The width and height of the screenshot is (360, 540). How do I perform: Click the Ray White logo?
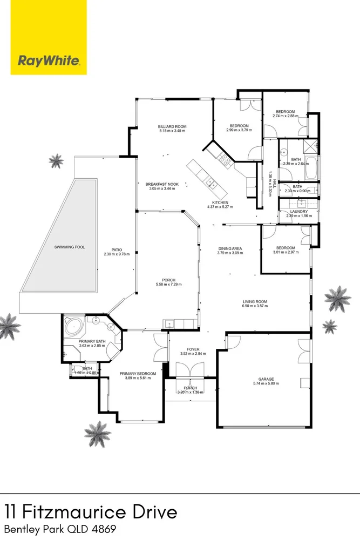pyautogui.click(x=49, y=60)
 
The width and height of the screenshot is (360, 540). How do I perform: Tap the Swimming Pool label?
pyautogui.click(x=70, y=247)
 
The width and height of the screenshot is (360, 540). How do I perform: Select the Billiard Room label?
pyautogui.click(x=172, y=125)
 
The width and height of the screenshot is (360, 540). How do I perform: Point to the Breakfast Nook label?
pyautogui.click(x=166, y=184)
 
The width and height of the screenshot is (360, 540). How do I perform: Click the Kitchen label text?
pyautogui.click(x=220, y=202)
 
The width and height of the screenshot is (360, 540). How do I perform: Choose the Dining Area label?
pyautogui.click(x=229, y=249)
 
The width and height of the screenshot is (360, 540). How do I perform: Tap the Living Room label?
pyautogui.click(x=255, y=301)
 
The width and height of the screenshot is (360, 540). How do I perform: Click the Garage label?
pyautogui.click(x=266, y=379)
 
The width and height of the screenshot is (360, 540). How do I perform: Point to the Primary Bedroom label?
pyautogui.click(x=138, y=374)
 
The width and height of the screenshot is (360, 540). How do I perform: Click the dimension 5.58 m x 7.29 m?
pyautogui.click(x=166, y=285)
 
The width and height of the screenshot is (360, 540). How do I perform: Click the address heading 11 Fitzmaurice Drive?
pyautogui.click(x=91, y=511)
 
